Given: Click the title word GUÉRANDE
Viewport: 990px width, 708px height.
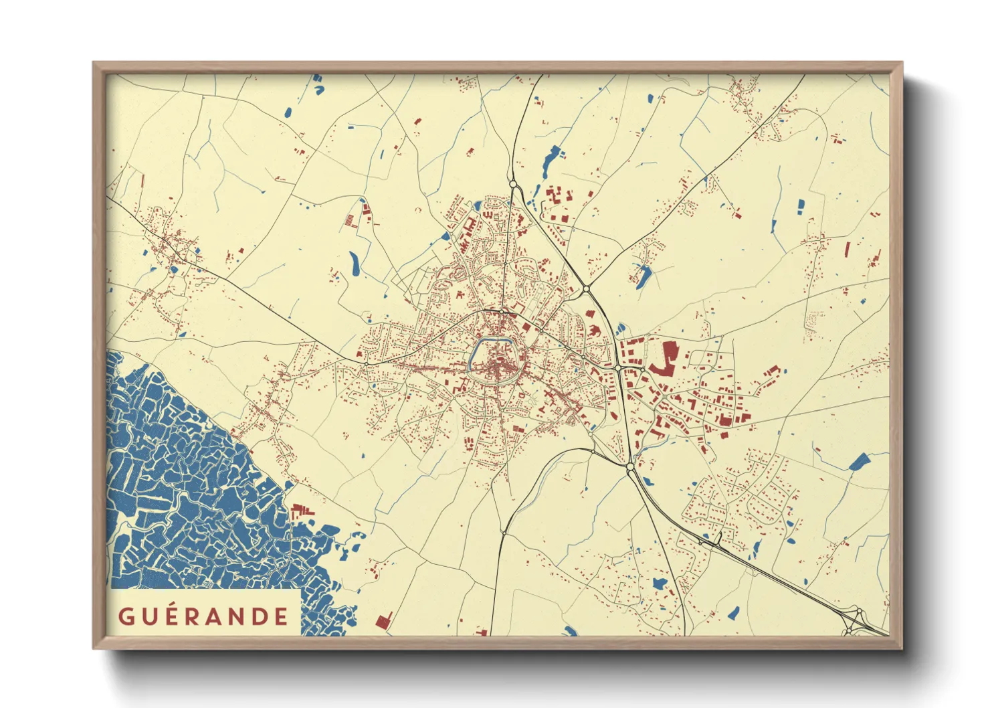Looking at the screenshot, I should (203, 616).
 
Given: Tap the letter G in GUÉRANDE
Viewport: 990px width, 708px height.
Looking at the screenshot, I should (125, 616).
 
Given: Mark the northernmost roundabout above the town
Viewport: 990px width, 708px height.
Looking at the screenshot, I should (513, 183).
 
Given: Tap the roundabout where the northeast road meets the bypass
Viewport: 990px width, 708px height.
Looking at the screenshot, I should (586, 289).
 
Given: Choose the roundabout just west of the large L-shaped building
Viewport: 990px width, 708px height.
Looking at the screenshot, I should (617, 367).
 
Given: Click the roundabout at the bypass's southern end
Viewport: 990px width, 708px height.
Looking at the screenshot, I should (630, 467).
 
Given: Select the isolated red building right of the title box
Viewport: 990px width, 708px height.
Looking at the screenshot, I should (383, 620).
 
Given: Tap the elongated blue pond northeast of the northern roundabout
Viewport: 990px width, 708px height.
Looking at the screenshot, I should (551, 159).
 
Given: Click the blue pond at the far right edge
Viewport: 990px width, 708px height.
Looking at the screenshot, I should (859, 461).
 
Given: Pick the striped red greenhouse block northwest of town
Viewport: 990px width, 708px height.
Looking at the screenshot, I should (349, 220).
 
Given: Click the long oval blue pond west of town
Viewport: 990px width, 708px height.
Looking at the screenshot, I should (354, 264).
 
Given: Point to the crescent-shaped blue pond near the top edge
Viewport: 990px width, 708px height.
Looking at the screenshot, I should (318, 83).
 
